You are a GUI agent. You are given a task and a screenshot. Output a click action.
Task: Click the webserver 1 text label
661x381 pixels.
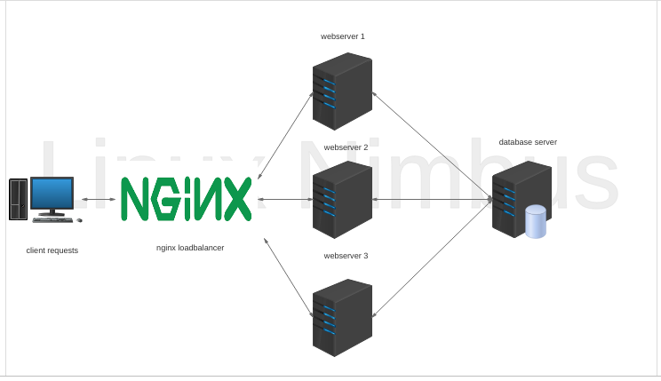[343, 36]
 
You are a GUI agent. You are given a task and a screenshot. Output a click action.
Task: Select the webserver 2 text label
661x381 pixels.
[346, 147]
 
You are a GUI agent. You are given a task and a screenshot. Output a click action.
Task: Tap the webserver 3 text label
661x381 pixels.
[346, 256]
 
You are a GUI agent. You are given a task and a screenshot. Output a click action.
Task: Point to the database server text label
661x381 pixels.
[528, 142]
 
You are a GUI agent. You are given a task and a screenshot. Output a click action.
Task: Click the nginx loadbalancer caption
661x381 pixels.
[190, 248]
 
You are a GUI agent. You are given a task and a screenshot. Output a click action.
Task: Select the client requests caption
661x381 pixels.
[52, 250]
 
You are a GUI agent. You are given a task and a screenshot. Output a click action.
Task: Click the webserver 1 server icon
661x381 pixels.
[342, 91]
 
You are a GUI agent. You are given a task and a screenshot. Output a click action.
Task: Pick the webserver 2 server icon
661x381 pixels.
[342, 200]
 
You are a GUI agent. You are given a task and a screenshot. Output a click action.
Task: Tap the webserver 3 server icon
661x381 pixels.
[342, 317]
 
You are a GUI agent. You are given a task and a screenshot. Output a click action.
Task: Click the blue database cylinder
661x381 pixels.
[536, 222]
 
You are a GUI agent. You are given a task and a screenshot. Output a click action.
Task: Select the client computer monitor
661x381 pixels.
[52, 193]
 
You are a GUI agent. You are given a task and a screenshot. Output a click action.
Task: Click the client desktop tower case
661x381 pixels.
[18, 199]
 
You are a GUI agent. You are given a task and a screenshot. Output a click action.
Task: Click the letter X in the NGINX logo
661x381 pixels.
[234, 199]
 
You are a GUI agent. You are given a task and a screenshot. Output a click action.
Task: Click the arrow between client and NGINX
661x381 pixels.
[99, 199]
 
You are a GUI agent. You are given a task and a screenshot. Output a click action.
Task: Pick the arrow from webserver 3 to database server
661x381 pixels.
[432, 258]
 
